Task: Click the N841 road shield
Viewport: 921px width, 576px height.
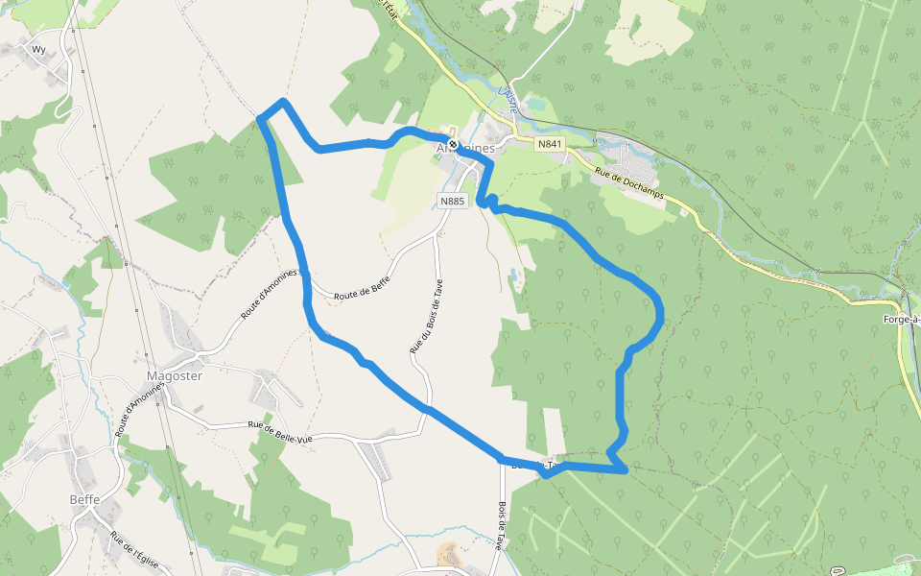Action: click(550, 144)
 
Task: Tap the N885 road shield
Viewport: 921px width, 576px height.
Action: click(452, 201)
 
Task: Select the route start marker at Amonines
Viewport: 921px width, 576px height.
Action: click(453, 145)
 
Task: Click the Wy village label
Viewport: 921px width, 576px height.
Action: click(38, 49)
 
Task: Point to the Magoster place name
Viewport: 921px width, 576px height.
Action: click(174, 376)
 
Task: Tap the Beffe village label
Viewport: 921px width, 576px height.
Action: click(84, 499)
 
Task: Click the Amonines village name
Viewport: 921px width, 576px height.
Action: click(465, 149)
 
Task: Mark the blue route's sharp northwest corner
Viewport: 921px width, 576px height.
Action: click(261, 118)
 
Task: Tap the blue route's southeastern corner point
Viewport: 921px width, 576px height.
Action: click(625, 469)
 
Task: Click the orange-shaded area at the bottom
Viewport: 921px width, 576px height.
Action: click(448, 555)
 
